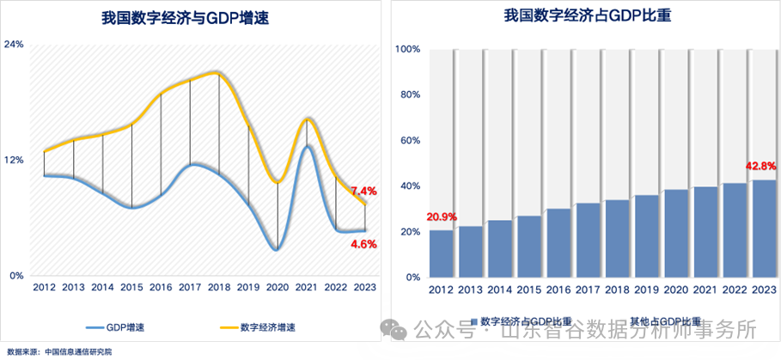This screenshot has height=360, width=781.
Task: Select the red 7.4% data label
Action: [364, 191]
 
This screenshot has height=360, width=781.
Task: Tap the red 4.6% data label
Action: [364, 244]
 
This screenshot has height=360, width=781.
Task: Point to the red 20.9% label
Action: [441, 218]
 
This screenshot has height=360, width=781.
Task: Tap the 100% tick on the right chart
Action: [407, 49]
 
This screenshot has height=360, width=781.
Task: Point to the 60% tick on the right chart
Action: [410, 140]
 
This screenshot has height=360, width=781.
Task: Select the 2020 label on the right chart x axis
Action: [676, 290]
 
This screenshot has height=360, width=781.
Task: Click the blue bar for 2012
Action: [442, 253]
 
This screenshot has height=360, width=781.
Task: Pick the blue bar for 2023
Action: [764, 229]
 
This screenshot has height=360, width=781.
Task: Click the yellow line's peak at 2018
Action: [218, 73]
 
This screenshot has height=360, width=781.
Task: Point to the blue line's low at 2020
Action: [276, 249]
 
